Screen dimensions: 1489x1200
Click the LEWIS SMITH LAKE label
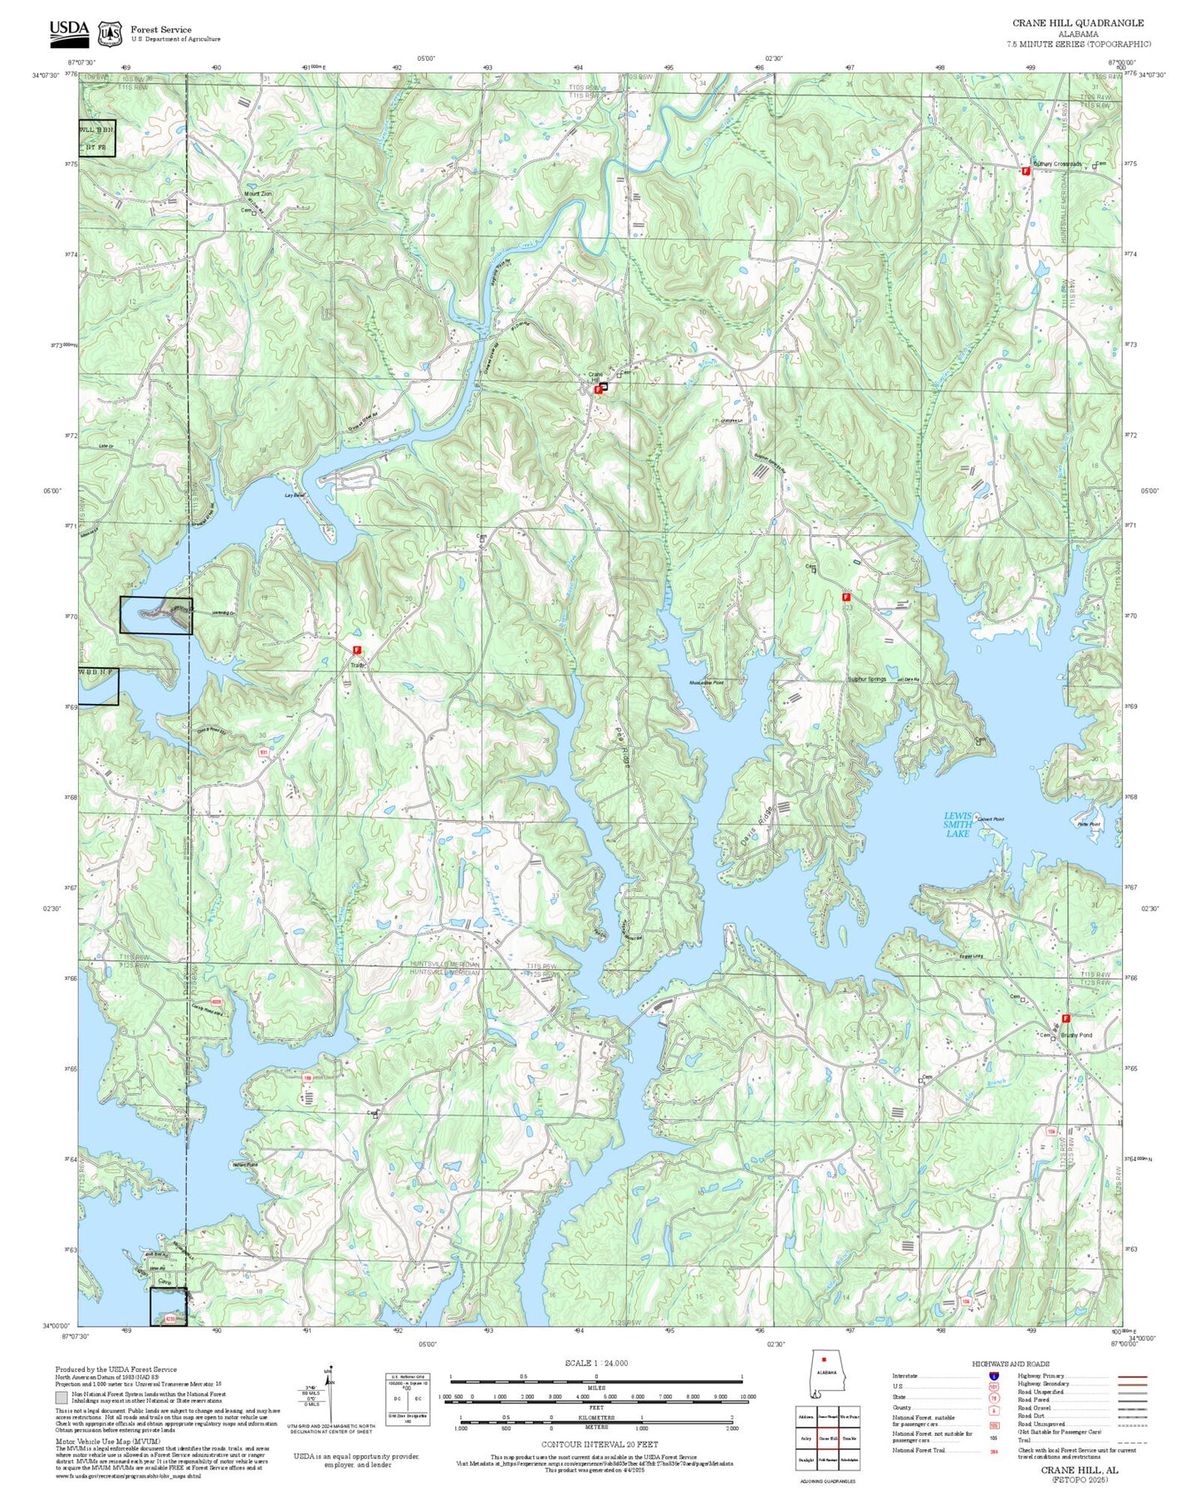point(958,824)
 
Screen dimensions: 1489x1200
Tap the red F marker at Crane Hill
point(598,389)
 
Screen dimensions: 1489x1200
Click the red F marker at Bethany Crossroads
point(1026,170)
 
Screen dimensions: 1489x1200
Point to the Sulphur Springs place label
point(867,679)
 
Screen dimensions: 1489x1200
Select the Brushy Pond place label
point(1077,1035)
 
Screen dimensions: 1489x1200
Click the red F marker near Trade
point(357,650)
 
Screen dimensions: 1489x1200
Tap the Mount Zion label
point(257,193)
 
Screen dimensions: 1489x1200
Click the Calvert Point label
point(991,819)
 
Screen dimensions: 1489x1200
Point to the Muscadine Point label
point(707,682)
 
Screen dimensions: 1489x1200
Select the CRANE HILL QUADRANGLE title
point(1077,23)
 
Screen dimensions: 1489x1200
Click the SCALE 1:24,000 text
point(596,1363)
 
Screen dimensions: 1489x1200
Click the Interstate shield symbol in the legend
point(994,1376)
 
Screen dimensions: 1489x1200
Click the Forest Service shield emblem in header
point(109,33)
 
